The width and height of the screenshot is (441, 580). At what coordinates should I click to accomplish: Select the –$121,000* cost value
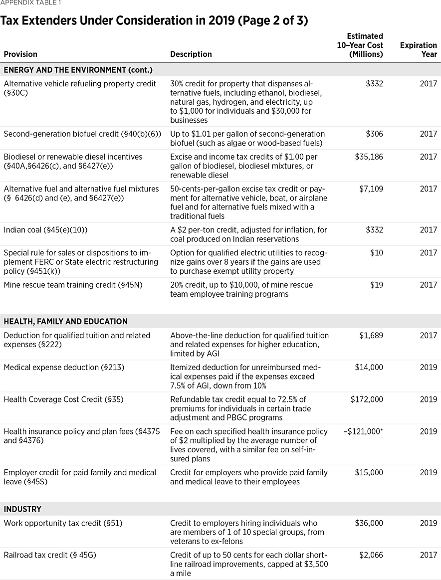363,431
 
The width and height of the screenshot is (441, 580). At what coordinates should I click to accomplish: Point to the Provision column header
20,54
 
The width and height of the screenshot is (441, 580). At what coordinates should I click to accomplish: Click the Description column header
191,54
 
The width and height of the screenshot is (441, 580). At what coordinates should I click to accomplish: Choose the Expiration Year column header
418,50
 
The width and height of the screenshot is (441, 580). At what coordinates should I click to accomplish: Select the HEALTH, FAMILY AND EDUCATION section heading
66,322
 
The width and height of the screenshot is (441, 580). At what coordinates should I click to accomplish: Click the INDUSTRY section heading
22,509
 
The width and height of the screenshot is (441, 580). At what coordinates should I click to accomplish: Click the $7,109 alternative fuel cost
371,189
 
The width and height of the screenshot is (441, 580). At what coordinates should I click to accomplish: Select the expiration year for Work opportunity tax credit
428,523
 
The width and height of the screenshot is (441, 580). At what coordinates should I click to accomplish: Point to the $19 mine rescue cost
377,285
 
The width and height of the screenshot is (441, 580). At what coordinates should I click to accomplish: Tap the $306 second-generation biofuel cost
374,134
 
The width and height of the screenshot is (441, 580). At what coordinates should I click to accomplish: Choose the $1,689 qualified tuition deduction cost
371,336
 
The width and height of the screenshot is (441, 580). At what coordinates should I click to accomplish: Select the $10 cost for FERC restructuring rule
377,253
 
